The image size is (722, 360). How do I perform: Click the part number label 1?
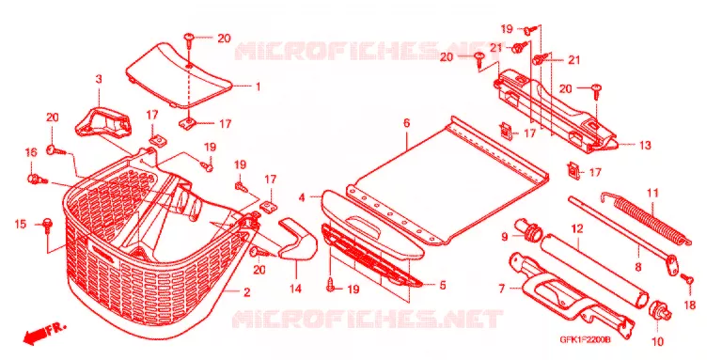258,86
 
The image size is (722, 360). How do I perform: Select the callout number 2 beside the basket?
247,292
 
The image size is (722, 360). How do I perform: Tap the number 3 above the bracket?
99,79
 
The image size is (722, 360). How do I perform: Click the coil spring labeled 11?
647,219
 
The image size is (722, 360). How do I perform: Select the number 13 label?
645,146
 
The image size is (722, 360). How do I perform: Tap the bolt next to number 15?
47,225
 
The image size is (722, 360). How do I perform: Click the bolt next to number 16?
37,180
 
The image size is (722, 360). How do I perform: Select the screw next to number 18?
687,278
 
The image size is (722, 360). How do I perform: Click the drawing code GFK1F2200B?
585,339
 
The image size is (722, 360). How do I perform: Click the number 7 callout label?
501,289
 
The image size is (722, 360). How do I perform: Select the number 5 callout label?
442,286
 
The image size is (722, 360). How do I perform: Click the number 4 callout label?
302,198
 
